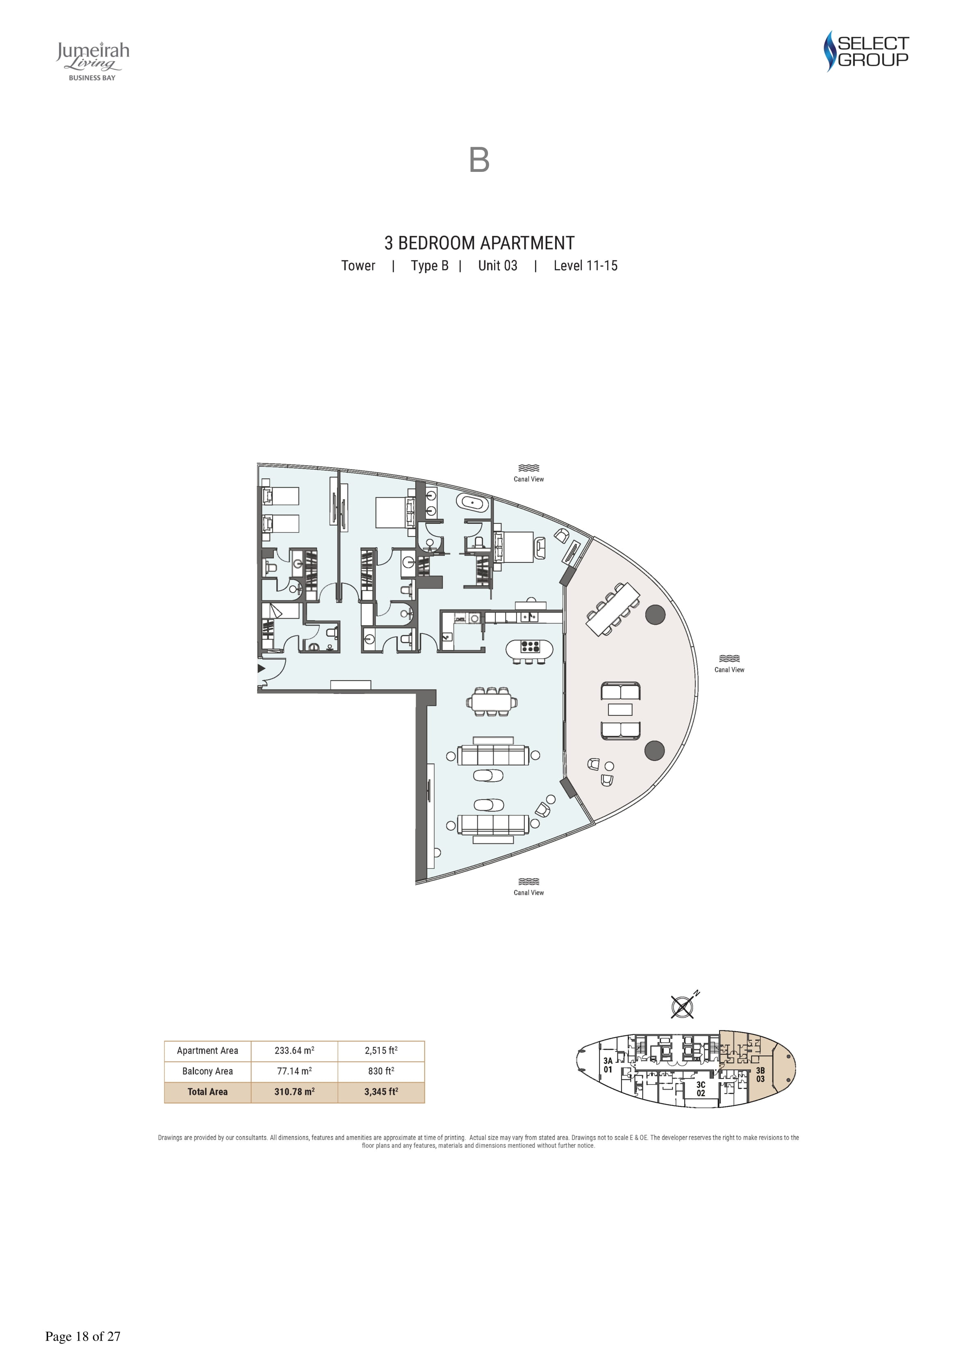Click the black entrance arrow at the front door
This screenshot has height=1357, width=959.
pos(261,669)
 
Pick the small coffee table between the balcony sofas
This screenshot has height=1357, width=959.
pos(620,709)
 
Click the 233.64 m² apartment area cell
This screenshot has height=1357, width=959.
pos(294,1050)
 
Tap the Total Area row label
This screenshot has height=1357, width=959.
pos(207,1092)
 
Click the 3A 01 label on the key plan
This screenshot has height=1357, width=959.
pos(608,1065)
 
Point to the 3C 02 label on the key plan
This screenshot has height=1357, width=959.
pos(701,1089)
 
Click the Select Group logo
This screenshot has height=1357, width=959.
pos(866,51)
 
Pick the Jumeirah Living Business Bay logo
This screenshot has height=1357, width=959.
pos(93,61)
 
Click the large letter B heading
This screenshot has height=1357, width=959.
pos(479,160)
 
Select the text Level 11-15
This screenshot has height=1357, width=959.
pos(585,266)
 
